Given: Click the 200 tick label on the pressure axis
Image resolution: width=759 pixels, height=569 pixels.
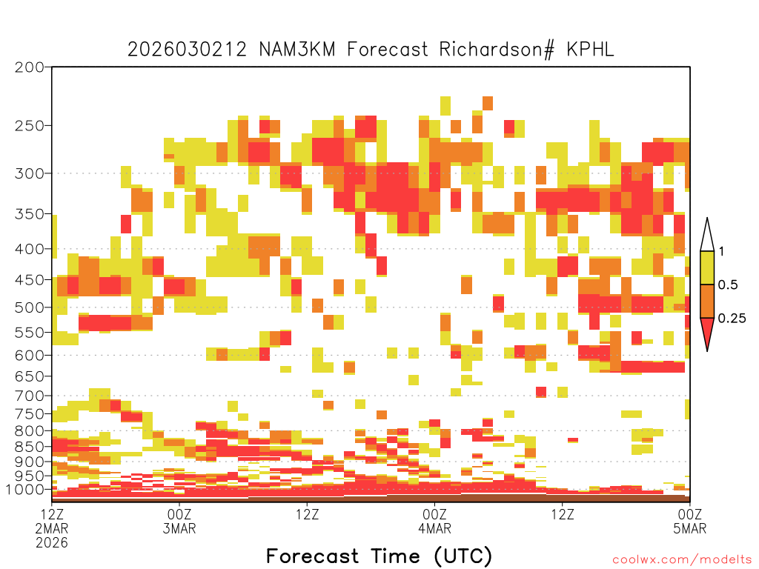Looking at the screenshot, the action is [x=30, y=67].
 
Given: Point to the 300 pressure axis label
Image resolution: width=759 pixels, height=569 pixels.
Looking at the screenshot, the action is [x=30, y=173].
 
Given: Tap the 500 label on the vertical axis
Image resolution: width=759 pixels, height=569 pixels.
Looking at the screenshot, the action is [x=30, y=307].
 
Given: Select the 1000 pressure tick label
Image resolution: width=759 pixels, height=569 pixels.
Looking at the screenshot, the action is [x=26, y=490].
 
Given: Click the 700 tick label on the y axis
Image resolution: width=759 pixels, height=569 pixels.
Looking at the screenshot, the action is [x=30, y=396].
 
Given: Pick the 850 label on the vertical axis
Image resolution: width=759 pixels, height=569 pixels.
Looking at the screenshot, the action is [x=30, y=447].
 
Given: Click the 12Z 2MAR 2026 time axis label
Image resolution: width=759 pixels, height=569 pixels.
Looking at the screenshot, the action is [x=52, y=528].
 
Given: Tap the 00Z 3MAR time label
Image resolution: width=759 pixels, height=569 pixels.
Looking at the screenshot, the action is [x=179, y=521].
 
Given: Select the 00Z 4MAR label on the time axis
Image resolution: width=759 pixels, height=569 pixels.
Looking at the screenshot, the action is [x=434, y=521].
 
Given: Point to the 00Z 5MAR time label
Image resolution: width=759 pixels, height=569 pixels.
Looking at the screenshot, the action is [x=690, y=521].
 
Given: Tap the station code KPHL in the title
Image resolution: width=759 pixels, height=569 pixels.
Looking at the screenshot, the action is [x=590, y=50].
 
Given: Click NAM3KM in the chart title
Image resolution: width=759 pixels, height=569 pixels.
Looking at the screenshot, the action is [x=297, y=50].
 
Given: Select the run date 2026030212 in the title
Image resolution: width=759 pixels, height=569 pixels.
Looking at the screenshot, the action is [x=188, y=50].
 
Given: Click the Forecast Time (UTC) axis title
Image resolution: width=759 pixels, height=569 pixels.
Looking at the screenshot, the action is [x=379, y=556].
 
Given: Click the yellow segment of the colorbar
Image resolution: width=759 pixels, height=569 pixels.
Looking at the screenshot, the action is [x=707, y=267].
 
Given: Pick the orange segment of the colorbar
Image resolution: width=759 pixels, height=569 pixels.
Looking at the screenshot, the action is [x=707, y=301].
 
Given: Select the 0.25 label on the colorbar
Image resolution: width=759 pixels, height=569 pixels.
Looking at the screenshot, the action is [x=732, y=319].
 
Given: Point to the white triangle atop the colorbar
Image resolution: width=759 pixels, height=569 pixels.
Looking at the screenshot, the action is [x=707, y=236].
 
